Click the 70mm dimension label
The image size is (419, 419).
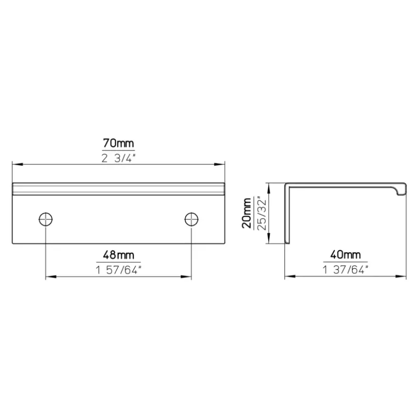pos(119,143)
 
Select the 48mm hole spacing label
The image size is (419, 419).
pos(119,255)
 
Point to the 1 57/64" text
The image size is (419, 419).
pos(119,270)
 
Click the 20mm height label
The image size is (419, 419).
pos(247,213)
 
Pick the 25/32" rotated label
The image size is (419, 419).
pos(262,214)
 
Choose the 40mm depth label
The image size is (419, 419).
pos(345,255)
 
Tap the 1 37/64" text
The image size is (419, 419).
pos(345,270)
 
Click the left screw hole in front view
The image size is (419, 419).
pos(46,219)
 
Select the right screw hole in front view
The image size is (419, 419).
pos(191,219)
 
